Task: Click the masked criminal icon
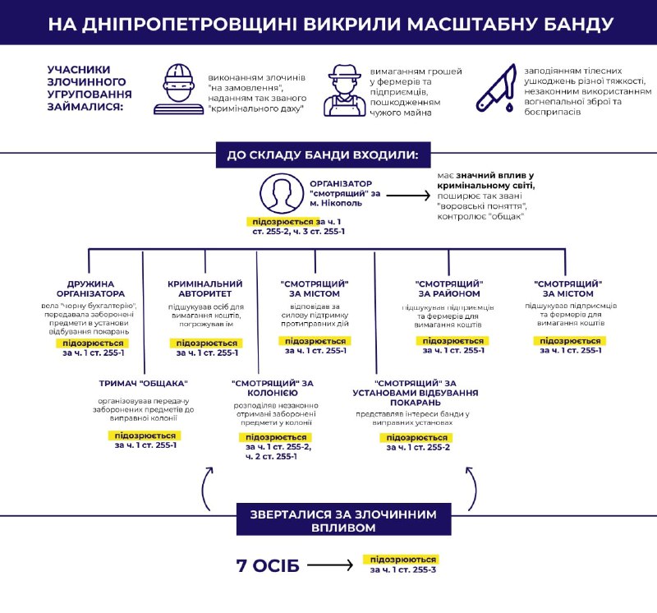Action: [177, 90]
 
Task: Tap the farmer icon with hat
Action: [344, 90]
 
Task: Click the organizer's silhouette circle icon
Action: [282, 194]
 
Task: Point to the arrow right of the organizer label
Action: [408, 195]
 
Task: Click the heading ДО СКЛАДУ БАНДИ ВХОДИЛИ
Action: [323, 155]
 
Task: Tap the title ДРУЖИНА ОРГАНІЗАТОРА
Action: [90, 289]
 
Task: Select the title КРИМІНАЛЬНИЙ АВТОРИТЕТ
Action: [204, 289]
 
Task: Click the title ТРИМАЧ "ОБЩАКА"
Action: [143, 383]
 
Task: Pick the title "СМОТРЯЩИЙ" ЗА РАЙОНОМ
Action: [448, 289]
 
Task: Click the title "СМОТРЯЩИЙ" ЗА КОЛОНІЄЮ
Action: [273, 388]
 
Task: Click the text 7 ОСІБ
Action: [268, 565]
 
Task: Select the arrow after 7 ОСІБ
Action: [330, 565]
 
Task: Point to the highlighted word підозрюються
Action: [402, 560]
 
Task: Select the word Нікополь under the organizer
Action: [342, 203]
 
